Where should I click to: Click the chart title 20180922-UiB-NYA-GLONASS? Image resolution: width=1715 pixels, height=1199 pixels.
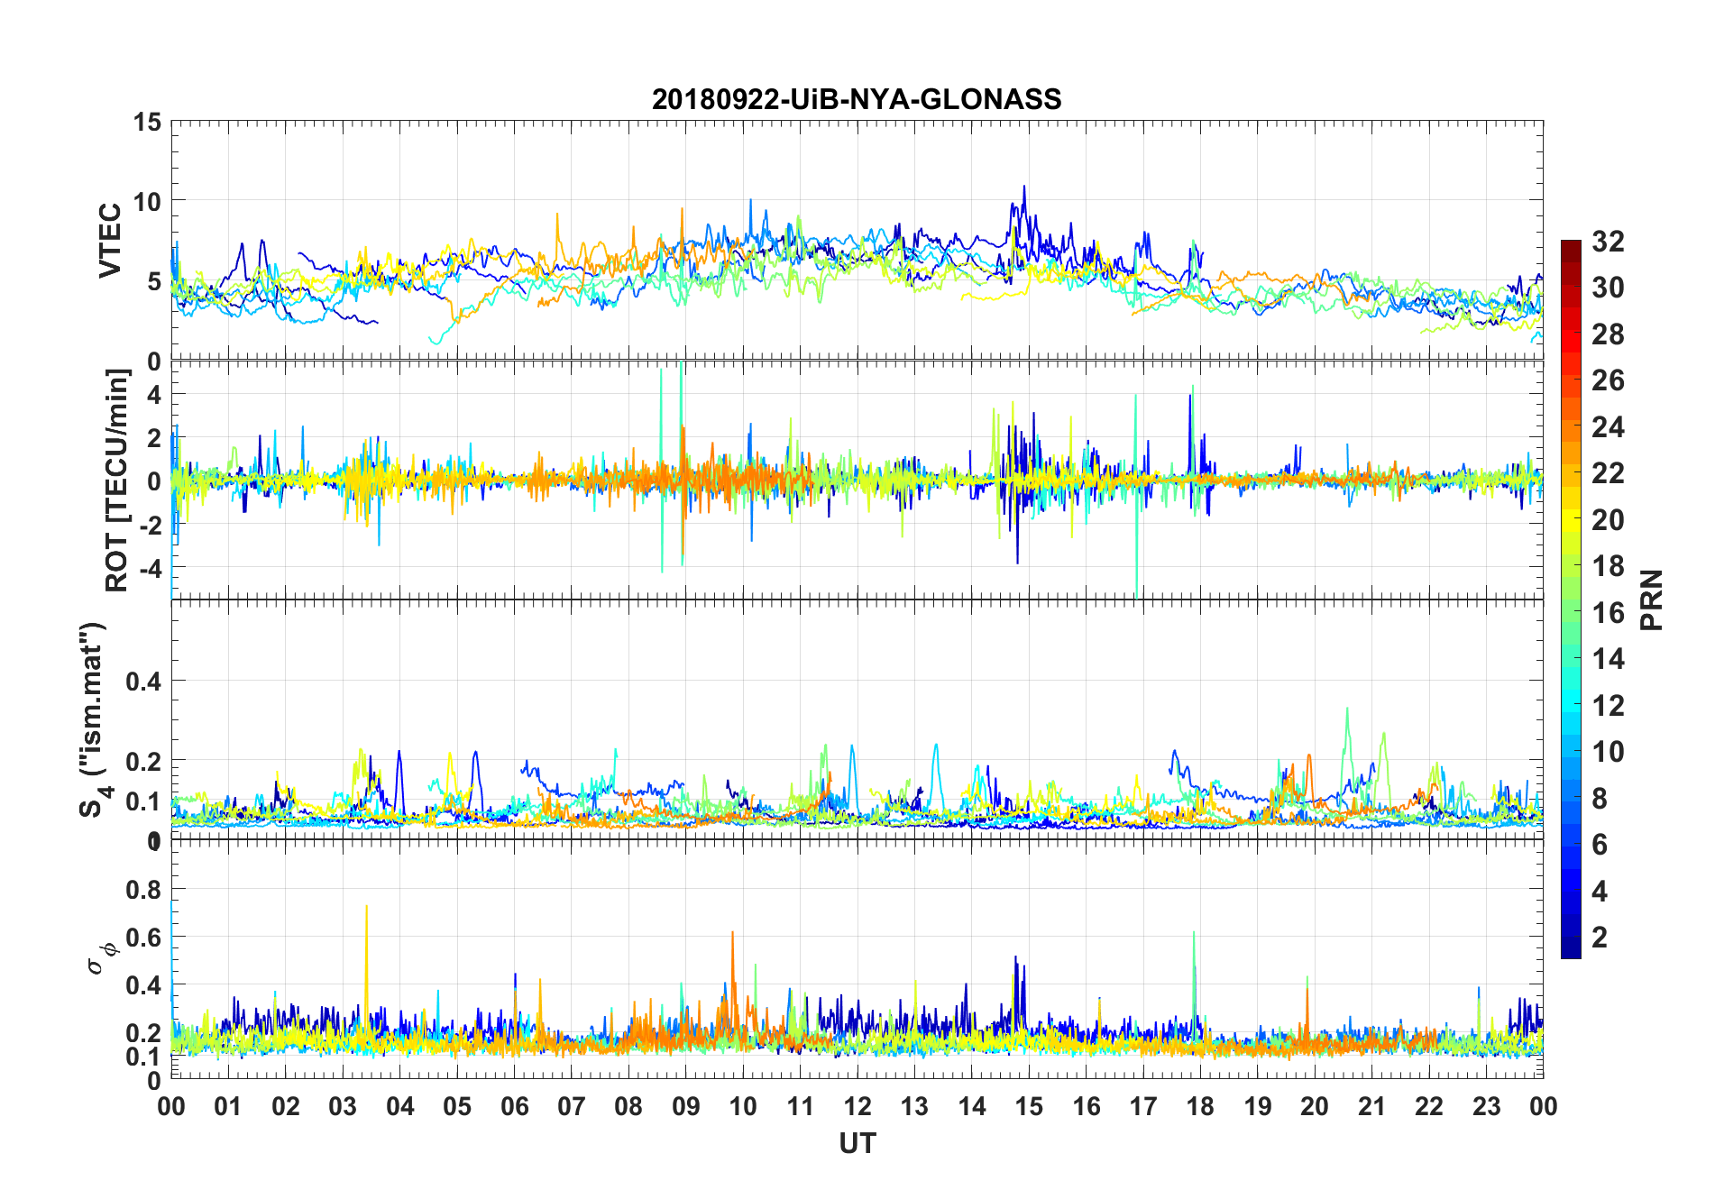[857, 99]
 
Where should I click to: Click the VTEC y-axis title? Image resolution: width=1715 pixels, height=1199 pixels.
[110, 240]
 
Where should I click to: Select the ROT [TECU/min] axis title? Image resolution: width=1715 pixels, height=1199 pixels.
[117, 480]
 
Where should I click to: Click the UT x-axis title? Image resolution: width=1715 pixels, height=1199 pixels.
[857, 1144]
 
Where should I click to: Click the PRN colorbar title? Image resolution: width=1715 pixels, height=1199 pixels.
[1652, 599]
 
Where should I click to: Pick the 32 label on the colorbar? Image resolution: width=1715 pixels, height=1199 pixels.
[1608, 242]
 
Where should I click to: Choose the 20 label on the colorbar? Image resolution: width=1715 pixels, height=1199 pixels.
[1608, 520]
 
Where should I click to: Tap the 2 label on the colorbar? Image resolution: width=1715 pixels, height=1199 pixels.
[1600, 938]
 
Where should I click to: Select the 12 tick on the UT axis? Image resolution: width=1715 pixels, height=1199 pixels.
[857, 1106]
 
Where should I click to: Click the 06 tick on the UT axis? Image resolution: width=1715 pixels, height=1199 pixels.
[514, 1106]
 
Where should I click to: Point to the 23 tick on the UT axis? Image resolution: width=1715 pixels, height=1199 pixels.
[1486, 1106]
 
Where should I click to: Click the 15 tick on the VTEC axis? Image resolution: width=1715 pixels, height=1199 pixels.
[147, 122]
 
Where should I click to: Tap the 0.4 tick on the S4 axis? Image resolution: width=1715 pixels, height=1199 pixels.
[143, 682]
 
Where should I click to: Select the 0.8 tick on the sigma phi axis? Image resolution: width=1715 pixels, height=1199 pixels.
[143, 890]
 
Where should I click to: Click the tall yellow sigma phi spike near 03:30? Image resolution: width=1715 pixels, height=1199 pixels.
[366, 909]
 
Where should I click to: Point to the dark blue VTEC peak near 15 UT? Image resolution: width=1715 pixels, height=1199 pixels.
[1024, 188]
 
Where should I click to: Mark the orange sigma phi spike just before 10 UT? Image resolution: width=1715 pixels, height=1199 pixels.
[732, 934]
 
